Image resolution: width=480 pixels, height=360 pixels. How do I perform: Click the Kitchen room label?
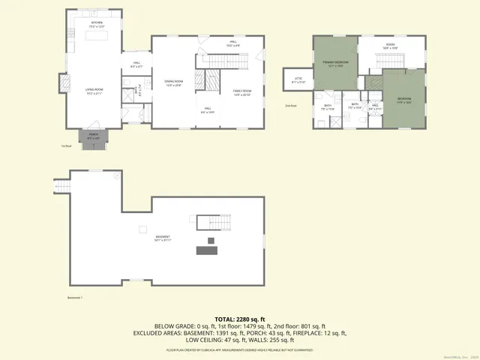click(97, 25)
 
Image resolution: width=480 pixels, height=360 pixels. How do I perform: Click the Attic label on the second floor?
click(298, 81)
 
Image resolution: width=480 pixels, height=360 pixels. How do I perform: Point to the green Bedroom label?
click(404, 100)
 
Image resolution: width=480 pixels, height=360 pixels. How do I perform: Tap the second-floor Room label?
click(390, 46)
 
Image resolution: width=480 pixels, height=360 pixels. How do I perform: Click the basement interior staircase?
click(212, 222)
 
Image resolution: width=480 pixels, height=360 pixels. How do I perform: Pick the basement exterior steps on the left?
click(61, 184)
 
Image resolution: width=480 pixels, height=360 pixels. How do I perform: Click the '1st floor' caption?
click(66, 147)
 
